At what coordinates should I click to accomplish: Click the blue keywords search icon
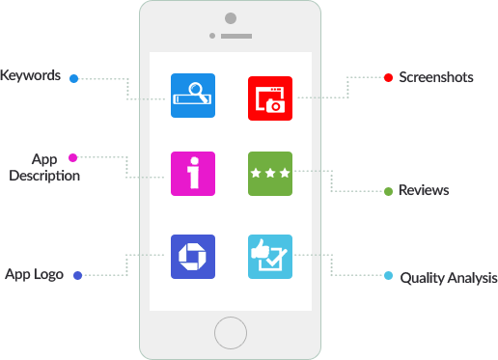click(x=193, y=96)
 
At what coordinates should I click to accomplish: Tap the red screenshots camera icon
click(x=269, y=97)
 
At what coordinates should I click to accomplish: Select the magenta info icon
click(x=193, y=175)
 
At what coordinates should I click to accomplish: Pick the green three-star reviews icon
click(x=269, y=174)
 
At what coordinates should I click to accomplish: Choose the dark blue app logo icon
click(x=193, y=257)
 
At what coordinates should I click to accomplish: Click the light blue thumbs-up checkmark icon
click(x=269, y=257)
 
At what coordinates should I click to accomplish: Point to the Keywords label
click(x=31, y=75)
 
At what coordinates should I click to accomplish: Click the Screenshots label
click(x=436, y=77)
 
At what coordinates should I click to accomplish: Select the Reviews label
click(x=424, y=190)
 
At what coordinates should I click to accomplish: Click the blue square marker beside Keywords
click(x=73, y=78)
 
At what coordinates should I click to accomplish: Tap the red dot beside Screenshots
click(x=388, y=77)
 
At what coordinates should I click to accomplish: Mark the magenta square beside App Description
click(x=72, y=157)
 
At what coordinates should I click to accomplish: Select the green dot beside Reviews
click(x=388, y=191)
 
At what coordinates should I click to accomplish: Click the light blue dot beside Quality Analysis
click(x=388, y=276)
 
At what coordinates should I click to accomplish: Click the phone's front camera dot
click(x=230, y=17)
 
